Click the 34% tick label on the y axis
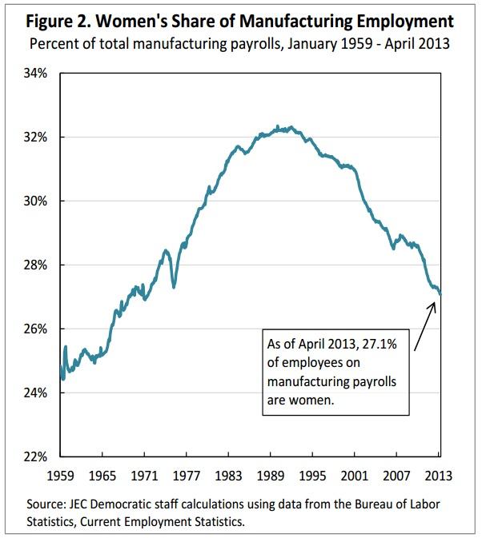(38, 73)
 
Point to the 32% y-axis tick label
(38, 137)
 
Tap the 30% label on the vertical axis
(38, 201)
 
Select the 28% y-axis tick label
(38, 265)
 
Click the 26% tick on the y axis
(38, 329)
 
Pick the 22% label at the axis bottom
(38, 456)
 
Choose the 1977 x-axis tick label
(187, 475)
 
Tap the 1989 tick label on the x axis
(271, 475)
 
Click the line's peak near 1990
(277, 127)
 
